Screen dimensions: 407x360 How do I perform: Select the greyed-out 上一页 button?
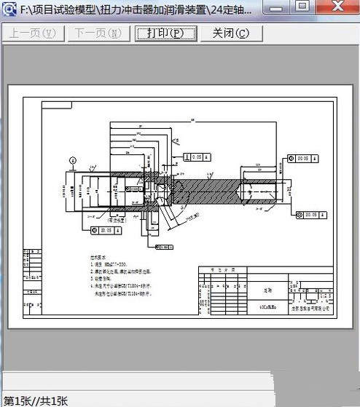(34, 33)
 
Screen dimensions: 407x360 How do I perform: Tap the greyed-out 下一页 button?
(96, 33)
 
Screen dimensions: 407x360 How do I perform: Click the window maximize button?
(302, 7)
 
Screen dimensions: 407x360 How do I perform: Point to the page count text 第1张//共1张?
(36, 400)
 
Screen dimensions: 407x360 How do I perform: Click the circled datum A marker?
(72, 159)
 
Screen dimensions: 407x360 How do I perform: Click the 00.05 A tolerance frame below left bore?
(103, 230)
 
